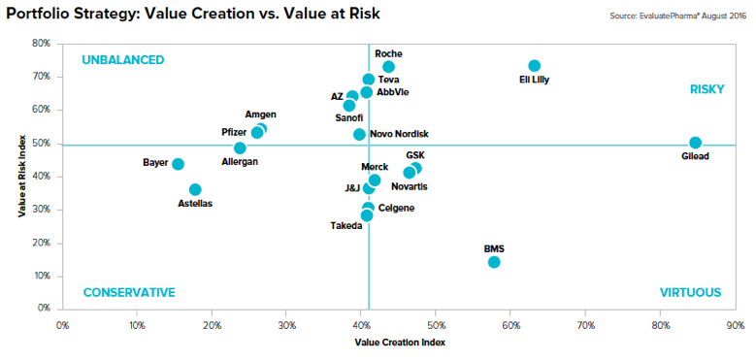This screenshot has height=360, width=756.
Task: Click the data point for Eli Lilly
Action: point(534,66)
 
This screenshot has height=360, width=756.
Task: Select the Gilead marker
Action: point(695,143)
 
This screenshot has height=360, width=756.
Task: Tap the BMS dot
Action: point(494,262)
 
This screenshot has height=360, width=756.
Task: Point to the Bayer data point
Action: point(178,164)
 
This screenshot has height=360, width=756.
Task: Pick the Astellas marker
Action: point(195,189)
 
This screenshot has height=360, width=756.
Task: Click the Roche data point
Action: point(388,67)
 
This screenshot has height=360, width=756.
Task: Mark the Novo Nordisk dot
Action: point(359,135)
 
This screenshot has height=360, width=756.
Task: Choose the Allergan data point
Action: point(240,147)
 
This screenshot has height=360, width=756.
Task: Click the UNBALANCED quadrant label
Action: point(123,60)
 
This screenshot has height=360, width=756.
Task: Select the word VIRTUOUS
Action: point(690,292)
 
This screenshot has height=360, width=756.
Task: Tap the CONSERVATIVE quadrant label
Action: point(129,293)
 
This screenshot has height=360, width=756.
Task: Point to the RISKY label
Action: point(707,89)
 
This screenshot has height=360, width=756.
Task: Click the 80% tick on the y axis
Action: point(41,44)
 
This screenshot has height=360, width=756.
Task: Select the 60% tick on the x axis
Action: point(510,325)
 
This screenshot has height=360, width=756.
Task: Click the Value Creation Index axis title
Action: point(400,343)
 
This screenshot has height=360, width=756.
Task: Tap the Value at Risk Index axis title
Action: point(22,177)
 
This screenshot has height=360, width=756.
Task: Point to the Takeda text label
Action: point(346,225)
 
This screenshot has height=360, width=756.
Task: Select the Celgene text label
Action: point(396,209)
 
